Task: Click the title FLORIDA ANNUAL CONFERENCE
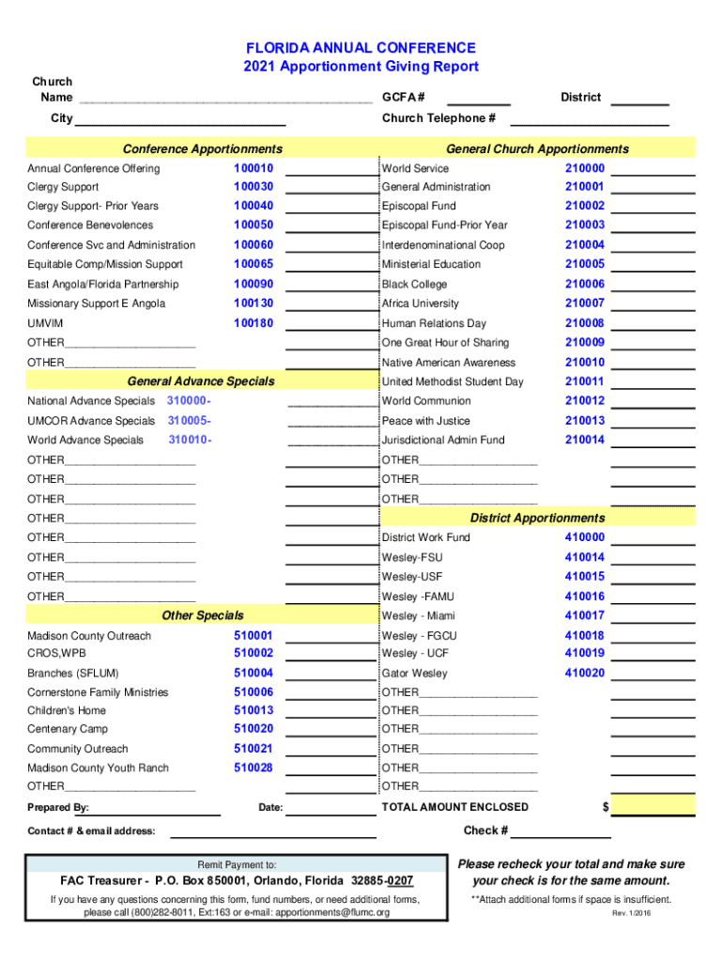click(x=361, y=48)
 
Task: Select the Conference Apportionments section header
click(x=202, y=148)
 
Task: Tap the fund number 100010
click(x=254, y=168)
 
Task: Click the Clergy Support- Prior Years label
click(x=93, y=206)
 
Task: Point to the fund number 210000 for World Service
click(x=584, y=168)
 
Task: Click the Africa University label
click(x=421, y=303)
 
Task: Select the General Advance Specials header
click(x=201, y=380)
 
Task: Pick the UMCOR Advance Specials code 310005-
click(x=189, y=421)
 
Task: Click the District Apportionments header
click(x=537, y=518)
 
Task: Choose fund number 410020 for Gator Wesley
click(x=584, y=673)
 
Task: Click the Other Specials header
click(x=202, y=615)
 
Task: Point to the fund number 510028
click(x=254, y=768)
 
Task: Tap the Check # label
click(x=486, y=830)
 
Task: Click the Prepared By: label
click(x=58, y=807)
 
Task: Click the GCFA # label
click(x=403, y=97)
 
